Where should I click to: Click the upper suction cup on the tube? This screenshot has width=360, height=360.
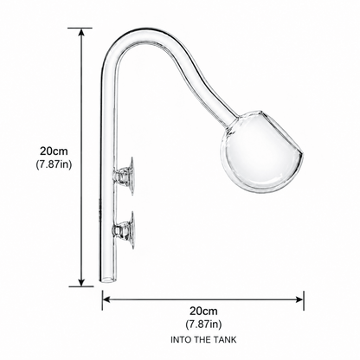coord(125,177)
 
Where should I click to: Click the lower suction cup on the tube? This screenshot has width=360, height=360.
coord(125,230)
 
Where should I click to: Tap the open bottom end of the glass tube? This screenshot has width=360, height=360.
coord(108,279)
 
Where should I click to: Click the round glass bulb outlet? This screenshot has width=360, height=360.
coord(261,151)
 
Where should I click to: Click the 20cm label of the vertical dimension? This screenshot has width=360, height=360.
coord(54,151)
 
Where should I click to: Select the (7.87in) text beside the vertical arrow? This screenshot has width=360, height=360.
coord(54,164)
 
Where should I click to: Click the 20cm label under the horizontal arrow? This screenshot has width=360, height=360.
coord(203,312)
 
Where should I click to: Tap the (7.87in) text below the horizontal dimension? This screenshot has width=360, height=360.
coord(203,325)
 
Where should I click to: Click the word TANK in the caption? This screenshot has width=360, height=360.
coord(225,340)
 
